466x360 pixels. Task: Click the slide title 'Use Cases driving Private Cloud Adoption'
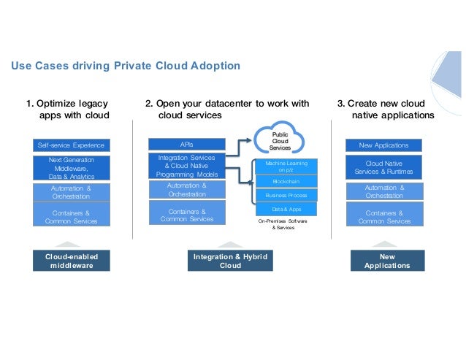tap(125, 66)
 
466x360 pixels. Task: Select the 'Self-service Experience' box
tap(72, 145)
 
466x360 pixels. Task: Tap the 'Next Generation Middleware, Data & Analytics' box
tap(72, 167)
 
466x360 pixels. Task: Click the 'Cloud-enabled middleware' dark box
tap(72, 261)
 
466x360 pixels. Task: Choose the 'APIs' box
tap(186, 145)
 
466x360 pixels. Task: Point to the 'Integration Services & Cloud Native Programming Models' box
tap(186, 166)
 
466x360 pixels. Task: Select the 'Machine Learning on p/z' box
tap(286, 166)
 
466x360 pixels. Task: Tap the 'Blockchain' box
tap(286, 182)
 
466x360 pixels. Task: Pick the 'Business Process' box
tap(286, 196)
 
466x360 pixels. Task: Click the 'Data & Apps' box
tap(286, 209)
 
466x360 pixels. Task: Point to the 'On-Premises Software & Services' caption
tap(283, 223)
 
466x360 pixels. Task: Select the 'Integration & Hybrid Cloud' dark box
tap(230, 261)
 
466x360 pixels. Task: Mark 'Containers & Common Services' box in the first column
tap(72, 216)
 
